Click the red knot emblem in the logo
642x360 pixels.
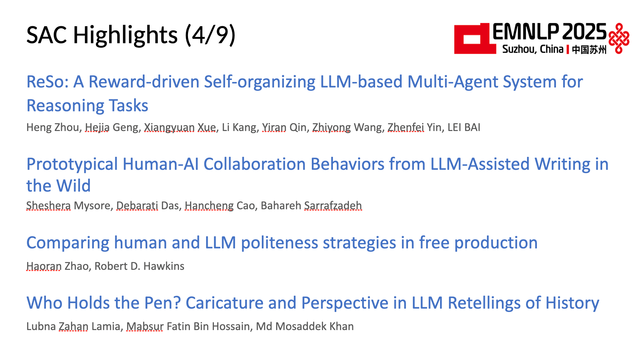pyautogui.click(x=619, y=38)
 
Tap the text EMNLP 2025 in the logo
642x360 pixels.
pyautogui.click(x=549, y=32)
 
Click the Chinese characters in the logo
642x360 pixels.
pyautogui.click(x=589, y=49)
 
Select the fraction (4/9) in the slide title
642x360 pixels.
pyautogui.click(x=210, y=35)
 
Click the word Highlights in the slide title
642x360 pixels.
pyautogui.click(x=125, y=35)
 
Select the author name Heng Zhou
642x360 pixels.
pyautogui.click(x=53, y=127)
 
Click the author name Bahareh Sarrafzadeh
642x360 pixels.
pyautogui.click(x=311, y=206)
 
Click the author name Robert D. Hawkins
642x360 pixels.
pyautogui.click(x=139, y=266)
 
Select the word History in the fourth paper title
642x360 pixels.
pyautogui.click(x=572, y=303)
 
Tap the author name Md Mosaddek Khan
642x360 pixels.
pyautogui.click(x=305, y=326)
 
